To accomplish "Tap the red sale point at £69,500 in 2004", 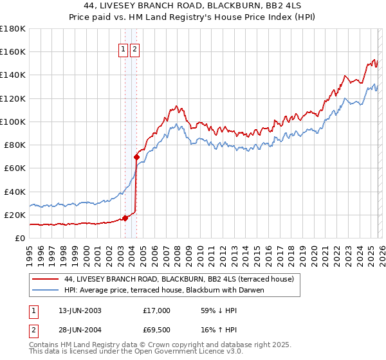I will [136, 157].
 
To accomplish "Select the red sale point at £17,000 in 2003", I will [125, 218].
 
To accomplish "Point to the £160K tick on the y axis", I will [14, 52].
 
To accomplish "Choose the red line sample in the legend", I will [46, 279].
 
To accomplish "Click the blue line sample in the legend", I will [46, 290].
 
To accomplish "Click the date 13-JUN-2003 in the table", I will [80, 310].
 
